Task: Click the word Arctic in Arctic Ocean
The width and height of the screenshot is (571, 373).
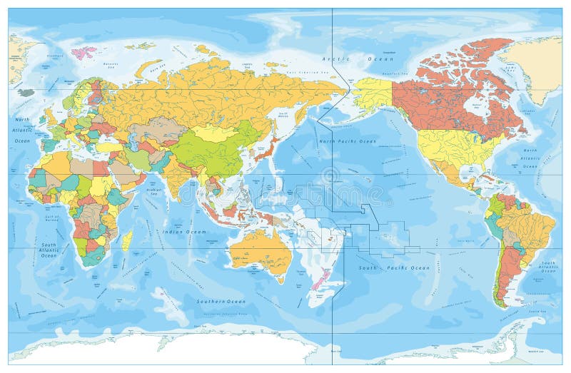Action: coord(333,58)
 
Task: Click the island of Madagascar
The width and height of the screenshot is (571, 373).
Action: coord(126,240)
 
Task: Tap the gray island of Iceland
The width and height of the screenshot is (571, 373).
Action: coord(26,92)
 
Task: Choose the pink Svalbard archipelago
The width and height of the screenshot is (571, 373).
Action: coord(85,52)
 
